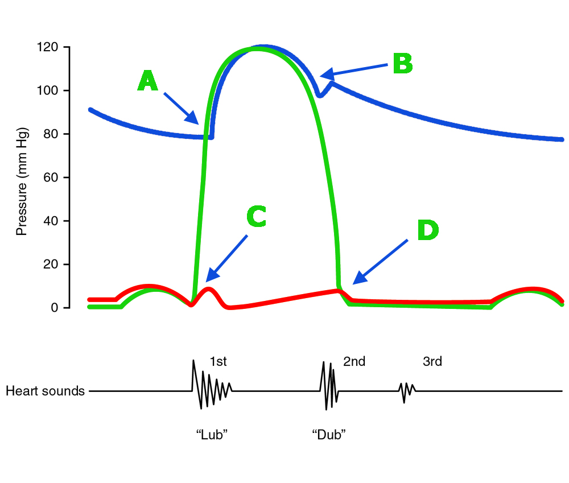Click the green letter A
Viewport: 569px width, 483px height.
147,81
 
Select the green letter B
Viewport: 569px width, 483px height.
403,64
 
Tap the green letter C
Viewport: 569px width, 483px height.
256,217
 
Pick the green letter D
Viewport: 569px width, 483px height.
427,231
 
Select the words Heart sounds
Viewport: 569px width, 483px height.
45,391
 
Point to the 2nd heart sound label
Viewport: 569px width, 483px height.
354,362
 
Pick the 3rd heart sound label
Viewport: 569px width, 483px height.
432,362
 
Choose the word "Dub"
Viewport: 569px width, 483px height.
329,435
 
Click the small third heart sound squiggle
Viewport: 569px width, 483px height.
406,391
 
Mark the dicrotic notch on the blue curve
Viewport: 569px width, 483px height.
320,94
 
